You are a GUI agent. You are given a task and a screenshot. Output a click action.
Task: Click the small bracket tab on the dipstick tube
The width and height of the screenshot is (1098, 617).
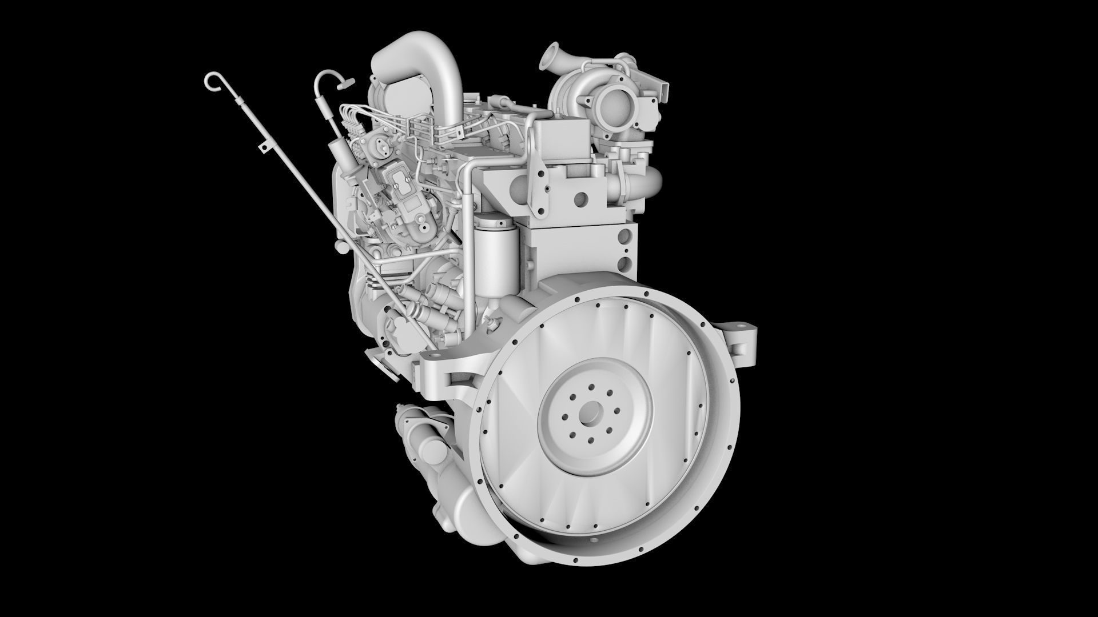[263, 148]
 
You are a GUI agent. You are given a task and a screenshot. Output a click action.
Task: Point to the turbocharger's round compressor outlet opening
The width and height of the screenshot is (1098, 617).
[608, 104]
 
